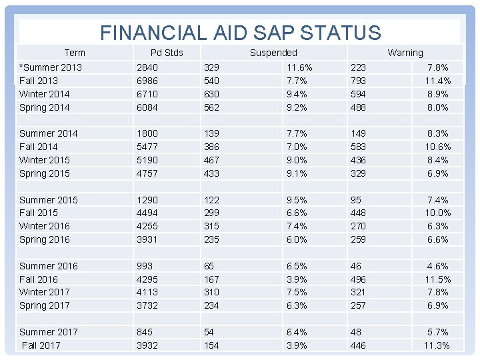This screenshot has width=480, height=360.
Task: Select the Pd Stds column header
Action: click(167, 53)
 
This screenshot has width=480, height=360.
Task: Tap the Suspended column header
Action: click(273, 53)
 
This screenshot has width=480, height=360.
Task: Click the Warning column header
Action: click(405, 53)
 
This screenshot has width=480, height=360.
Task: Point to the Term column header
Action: click(75, 53)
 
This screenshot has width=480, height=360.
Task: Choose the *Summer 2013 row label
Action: click(51, 67)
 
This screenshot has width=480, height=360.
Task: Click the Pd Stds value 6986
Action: click(147, 81)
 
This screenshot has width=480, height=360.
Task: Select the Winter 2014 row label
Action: click(45, 94)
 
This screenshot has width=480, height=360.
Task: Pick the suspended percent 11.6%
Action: click(299, 67)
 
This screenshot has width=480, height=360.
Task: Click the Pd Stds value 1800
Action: click(147, 133)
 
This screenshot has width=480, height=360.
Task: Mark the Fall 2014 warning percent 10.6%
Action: click(437, 147)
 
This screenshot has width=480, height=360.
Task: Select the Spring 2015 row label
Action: click(45, 173)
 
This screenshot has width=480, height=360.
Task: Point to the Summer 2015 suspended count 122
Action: click(213, 200)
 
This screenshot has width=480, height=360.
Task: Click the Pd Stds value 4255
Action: click(147, 226)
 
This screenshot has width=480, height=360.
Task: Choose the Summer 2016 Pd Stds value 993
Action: click(145, 266)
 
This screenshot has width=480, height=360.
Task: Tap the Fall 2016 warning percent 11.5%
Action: click(437, 279)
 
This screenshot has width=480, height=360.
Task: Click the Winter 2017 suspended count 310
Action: click(213, 292)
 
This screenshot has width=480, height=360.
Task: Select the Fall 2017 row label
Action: click(41, 345)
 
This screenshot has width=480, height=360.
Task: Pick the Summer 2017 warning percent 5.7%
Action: click(437, 332)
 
